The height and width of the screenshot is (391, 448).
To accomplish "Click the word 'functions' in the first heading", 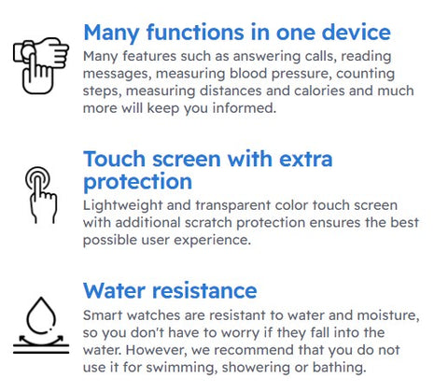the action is coord(195,33).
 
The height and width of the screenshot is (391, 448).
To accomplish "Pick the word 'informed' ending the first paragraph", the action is coord(245,108).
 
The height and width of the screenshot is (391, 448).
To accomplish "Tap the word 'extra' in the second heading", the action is coord(306,159).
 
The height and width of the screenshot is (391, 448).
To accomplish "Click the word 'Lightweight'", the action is coord(122,206).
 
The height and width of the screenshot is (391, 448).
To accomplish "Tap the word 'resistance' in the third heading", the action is coord(205,291).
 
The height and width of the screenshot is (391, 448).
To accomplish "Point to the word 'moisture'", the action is coord(388,315).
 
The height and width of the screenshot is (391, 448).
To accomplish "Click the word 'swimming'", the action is coord(180,368).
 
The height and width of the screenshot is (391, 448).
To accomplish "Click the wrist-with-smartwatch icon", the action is coord(41,66).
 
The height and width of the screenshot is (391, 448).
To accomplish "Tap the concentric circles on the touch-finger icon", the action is coord(37,178).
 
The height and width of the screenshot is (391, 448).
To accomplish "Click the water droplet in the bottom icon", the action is coord(41,315).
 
